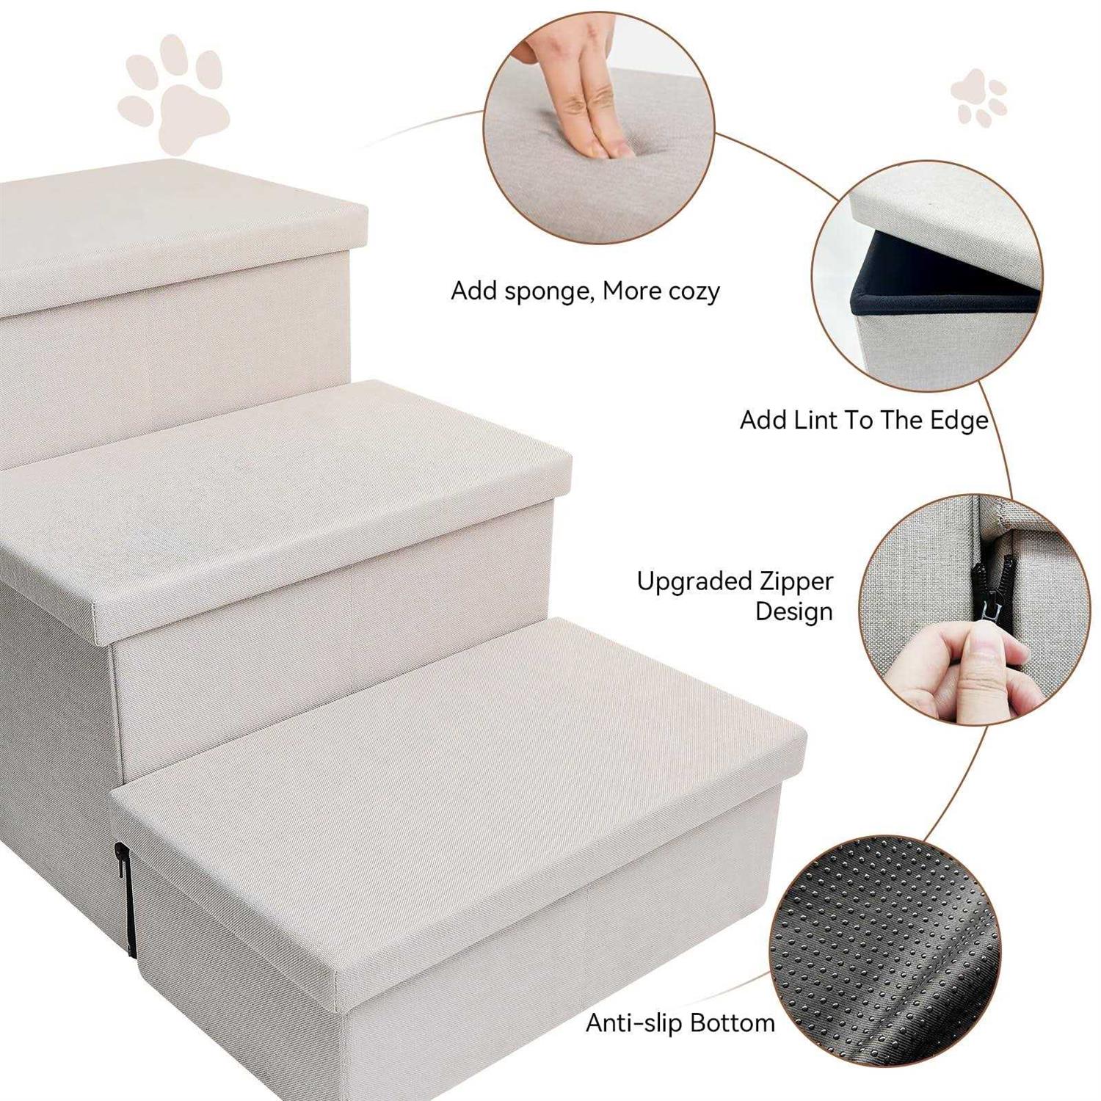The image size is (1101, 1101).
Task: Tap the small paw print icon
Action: [978, 98]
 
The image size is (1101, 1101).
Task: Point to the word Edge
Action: [959, 421]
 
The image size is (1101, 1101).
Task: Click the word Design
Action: [794, 611]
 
